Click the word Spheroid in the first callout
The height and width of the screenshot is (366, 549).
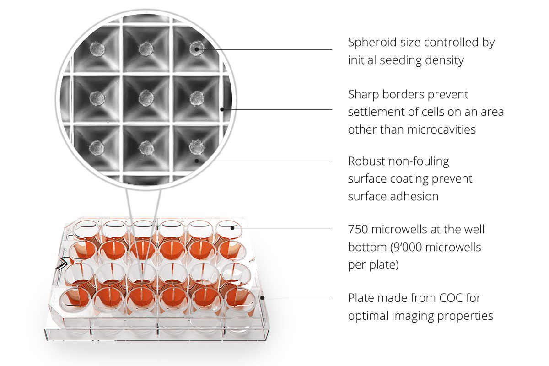(372, 43)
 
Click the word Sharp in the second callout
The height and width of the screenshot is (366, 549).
(363, 95)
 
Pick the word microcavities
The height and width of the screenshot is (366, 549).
(441, 129)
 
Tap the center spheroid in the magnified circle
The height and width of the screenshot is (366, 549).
(146, 98)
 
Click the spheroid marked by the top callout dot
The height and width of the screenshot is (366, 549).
(197, 48)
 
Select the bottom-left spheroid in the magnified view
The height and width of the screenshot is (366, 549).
(97, 148)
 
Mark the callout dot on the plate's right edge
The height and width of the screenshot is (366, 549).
(262, 298)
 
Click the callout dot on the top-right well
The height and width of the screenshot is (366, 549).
(232, 228)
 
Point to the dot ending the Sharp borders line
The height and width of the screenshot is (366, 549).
(222, 109)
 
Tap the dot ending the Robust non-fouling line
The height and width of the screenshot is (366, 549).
(197, 161)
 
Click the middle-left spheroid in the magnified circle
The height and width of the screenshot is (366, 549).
(97, 98)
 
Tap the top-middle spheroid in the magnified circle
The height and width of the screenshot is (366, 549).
(146, 49)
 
